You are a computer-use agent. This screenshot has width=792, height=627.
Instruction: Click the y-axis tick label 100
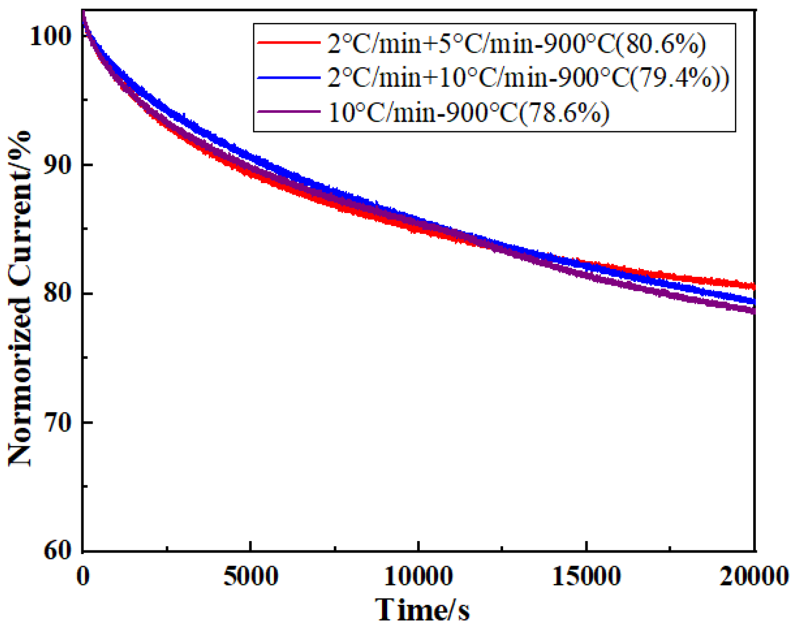52,37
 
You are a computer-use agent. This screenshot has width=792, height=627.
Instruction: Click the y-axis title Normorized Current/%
20,299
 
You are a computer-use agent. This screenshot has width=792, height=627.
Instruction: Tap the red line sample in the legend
288,42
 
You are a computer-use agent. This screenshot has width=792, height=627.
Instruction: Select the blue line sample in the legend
288,78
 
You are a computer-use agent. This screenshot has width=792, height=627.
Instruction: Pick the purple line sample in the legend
288,111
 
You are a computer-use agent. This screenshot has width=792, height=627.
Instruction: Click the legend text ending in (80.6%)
517,43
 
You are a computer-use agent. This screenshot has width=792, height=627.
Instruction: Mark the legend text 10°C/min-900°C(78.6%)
468,112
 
